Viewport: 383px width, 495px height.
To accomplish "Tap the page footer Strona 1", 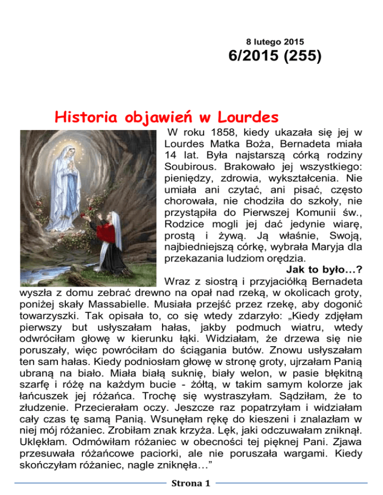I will click(191, 483).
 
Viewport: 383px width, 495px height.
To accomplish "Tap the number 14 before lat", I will click(172, 162).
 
